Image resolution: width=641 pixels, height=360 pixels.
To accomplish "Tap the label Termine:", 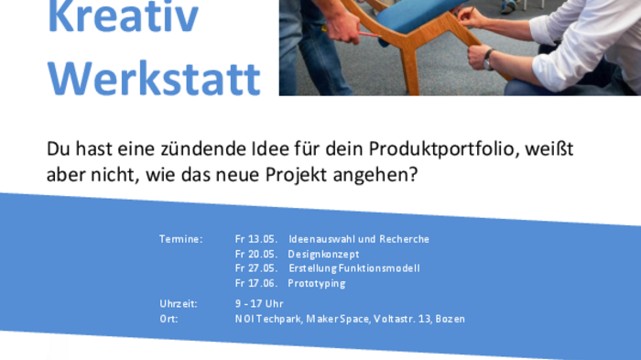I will click(x=180, y=239).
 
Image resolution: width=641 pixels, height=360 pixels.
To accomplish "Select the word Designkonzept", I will click(x=323, y=254).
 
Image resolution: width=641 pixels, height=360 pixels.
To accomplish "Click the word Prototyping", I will click(x=316, y=283).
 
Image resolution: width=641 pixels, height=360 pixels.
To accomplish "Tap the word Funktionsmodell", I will click(x=381, y=268).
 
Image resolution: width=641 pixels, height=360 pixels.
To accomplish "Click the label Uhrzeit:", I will click(x=178, y=303).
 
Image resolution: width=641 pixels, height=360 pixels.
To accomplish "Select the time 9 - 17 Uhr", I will click(x=259, y=303).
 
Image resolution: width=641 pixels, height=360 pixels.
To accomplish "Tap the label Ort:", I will click(x=168, y=319).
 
